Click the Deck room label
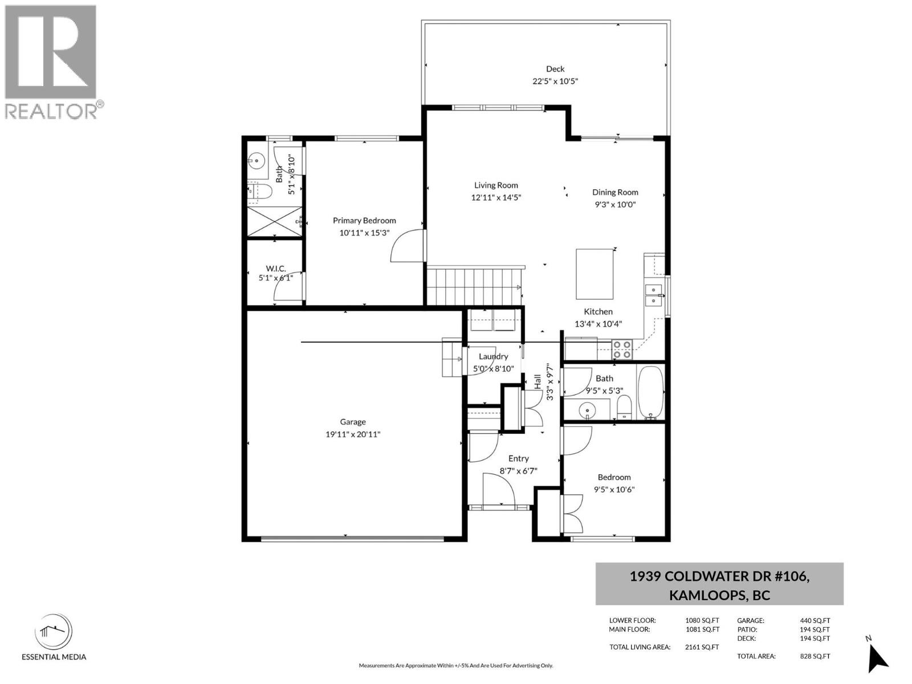555,69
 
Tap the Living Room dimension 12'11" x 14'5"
496,198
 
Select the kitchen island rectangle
594,274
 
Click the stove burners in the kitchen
621,349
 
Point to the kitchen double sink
654,295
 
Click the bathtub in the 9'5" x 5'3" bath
651,392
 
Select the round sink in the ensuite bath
256,160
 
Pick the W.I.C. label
276,268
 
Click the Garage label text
353,422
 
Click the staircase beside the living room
474,287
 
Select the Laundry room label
493,356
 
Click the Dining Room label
615,192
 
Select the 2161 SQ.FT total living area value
702,647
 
